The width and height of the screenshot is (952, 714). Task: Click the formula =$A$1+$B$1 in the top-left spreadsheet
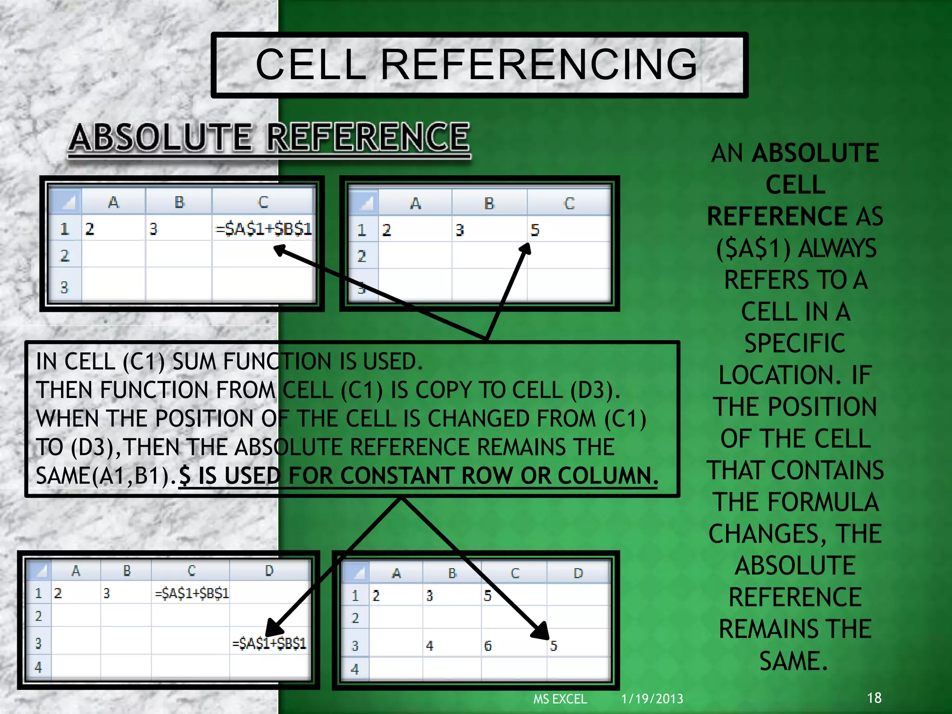point(264,229)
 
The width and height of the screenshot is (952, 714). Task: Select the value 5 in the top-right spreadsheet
point(535,230)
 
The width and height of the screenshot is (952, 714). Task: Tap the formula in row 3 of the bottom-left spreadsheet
point(269,643)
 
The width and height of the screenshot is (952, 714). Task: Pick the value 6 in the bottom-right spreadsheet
point(488,646)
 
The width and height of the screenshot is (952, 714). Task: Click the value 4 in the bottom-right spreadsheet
point(430,646)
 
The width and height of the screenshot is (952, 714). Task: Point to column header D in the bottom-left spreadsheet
point(269,571)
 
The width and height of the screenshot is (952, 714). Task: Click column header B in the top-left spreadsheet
point(179,202)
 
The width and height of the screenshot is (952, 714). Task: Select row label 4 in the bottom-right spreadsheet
point(355,669)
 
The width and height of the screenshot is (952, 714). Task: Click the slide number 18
point(874,698)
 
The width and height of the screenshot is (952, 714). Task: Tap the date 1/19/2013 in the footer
point(652,699)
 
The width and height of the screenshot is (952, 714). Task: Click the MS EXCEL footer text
point(560,699)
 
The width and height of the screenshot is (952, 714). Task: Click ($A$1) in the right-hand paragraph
point(753,248)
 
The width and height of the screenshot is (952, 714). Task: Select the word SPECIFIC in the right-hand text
point(795,344)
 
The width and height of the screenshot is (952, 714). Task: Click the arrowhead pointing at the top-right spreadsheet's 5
point(526,249)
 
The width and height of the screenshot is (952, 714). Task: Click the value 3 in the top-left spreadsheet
point(154,229)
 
